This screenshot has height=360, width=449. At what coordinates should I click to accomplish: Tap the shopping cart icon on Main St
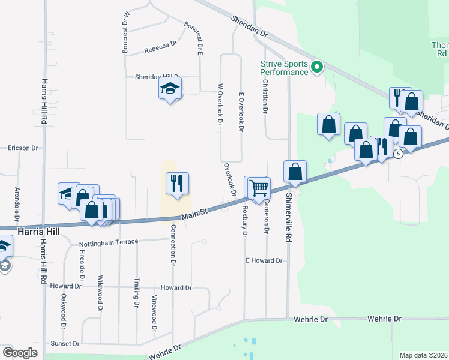click(259, 187)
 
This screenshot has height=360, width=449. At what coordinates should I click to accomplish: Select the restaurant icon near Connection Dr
click(177, 183)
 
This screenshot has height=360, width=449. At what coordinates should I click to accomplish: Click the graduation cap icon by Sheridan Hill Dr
click(170, 89)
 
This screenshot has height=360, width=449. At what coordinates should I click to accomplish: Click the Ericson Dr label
click(22, 148)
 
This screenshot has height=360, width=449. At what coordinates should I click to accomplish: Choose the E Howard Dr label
click(264, 260)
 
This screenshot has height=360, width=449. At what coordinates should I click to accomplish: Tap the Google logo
click(20, 353)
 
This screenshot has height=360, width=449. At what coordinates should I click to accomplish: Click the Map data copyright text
click(424, 355)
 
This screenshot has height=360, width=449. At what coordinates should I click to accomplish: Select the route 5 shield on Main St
click(398, 154)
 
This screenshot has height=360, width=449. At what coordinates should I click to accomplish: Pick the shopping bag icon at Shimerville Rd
click(295, 172)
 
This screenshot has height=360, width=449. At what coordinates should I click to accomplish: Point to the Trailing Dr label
click(137, 296)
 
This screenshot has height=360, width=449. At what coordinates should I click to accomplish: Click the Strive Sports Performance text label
click(285, 68)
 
